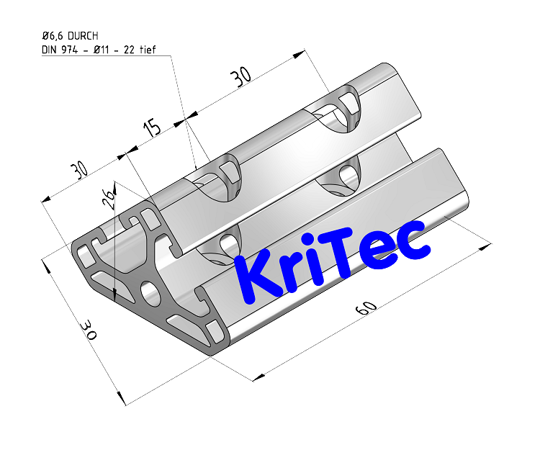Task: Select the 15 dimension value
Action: coord(152,129)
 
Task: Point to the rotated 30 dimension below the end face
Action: coord(89,331)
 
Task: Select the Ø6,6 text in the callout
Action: coord(54,35)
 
